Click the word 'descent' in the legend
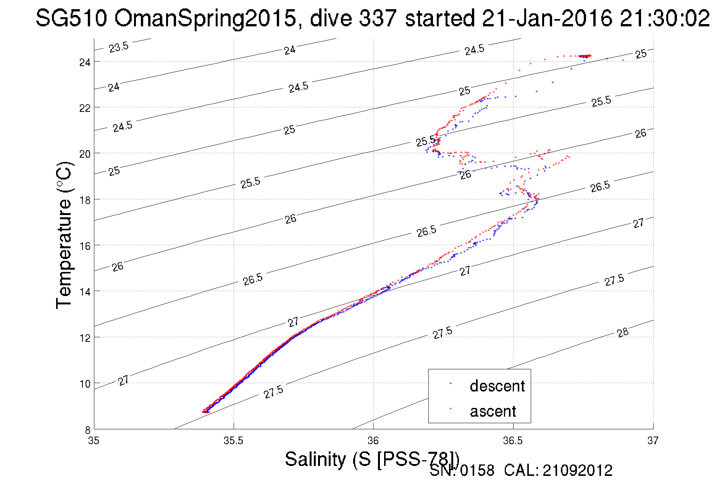point(497,386)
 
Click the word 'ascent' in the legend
point(493,411)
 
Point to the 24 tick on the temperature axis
point(85,62)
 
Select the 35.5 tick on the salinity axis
point(233,441)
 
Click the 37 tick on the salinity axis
point(653,441)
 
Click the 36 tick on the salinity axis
point(373,441)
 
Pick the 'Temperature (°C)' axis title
point(64,235)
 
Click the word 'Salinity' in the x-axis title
point(315,459)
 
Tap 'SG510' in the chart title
point(71,18)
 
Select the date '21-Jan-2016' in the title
point(547,18)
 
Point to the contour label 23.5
point(119,48)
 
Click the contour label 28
point(623,333)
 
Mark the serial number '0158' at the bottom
point(477,471)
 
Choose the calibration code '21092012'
point(577,471)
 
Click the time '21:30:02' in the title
point(664,18)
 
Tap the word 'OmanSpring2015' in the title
point(205,18)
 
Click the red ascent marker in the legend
point(451,409)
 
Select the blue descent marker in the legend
point(451,383)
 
